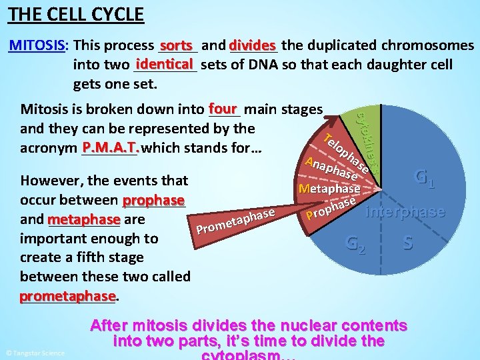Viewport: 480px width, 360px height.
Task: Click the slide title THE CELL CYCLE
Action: [x=77, y=14]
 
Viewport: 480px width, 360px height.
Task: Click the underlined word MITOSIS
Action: [x=37, y=45]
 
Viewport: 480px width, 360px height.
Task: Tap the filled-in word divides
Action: [x=252, y=45]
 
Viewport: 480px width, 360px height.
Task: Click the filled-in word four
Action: [x=223, y=108]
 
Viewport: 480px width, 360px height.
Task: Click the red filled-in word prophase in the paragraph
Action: [x=153, y=199]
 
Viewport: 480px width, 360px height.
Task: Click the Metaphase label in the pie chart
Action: [x=329, y=189]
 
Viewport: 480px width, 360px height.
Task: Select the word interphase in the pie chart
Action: [x=406, y=211]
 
